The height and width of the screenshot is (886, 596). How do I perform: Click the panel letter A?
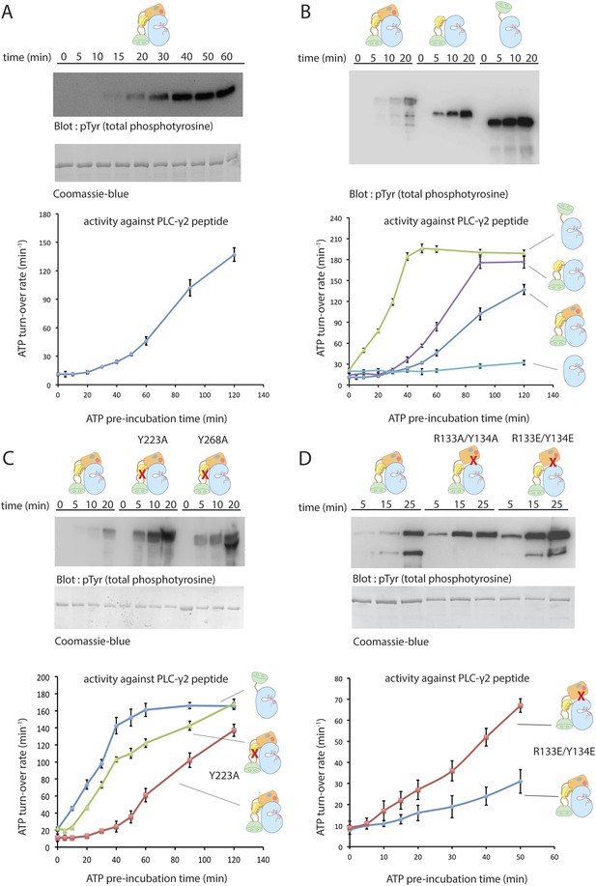[8, 12]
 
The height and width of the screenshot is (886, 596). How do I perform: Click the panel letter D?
[305, 458]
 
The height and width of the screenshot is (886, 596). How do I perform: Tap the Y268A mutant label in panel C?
[213, 439]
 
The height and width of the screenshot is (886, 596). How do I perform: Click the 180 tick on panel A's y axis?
[44, 214]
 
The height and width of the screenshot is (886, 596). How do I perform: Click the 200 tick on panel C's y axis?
[43, 677]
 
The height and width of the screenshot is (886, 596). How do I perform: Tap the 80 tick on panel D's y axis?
[338, 678]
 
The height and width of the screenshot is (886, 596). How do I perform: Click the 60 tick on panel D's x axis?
[554, 857]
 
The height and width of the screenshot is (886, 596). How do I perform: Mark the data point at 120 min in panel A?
[235, 255]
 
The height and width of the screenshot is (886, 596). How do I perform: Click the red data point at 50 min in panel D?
[520, 705]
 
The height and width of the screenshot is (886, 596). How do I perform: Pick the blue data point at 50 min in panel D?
[520, 782]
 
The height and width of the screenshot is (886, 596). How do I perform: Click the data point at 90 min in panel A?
[190, 288]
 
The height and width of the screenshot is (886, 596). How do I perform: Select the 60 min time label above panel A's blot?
[227, 56]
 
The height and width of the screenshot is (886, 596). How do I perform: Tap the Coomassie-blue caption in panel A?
[91, 194]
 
